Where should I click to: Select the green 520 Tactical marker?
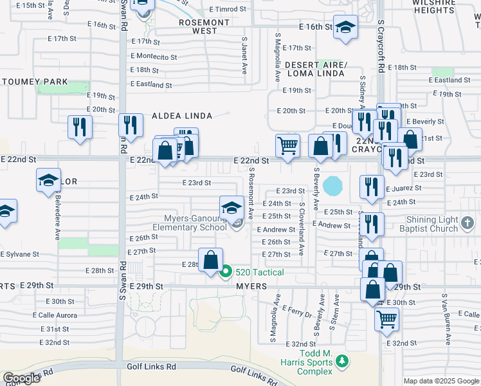225,272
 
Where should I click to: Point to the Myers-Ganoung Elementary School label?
190,222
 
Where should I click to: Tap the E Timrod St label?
228,9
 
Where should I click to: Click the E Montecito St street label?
154,57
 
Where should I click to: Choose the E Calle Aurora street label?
57,315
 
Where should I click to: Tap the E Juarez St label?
403,188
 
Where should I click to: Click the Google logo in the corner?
21,378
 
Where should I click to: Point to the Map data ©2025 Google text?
441,381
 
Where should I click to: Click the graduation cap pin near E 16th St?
345,27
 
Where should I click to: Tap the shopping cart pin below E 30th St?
386,318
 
